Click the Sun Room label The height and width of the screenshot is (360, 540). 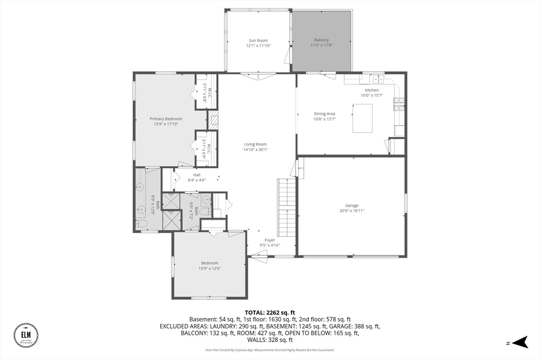[258, 40]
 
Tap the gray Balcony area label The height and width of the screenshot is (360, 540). [321, 40]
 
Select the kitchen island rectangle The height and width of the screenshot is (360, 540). [362, 118]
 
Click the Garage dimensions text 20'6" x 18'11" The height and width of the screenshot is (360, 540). [352, 210]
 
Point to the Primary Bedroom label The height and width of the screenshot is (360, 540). [166, 119]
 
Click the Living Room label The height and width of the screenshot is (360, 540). [255, 144]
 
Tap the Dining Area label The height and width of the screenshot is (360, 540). [324, 114]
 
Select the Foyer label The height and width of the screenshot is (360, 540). [269, 240]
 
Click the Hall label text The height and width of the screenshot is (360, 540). [197, 175]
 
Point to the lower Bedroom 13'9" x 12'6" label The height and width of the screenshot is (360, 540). [209, 263]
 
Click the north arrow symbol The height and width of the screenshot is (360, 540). [520, 342]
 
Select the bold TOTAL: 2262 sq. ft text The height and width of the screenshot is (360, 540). [269, 312]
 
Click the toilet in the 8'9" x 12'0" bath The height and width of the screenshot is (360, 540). [141, 224]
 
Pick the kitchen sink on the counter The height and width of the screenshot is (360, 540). [378, 80]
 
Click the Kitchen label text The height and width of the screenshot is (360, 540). [372, 90]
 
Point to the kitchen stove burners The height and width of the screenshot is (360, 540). [399, 104]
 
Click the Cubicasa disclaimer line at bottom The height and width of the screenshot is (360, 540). [269, 349]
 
